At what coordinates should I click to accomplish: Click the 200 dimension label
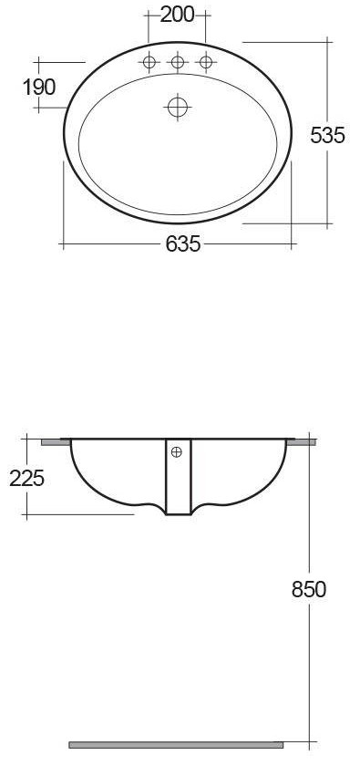[177, 15]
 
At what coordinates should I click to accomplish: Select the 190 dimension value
[39, 88]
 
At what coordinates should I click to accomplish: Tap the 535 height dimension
[327, 135]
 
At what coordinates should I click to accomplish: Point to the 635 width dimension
[183, 243]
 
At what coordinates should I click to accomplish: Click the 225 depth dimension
[27, 478]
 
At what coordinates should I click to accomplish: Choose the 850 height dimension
[309, 589]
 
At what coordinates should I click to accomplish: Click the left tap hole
[149, 62]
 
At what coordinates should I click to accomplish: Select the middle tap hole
[177, 62]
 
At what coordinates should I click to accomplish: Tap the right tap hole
[206, 62]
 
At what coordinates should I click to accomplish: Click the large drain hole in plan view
[177, 107]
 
